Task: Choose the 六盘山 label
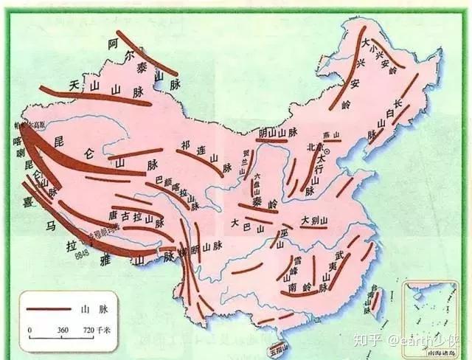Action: click(257, 184)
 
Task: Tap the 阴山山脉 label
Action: click(278, 133)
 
